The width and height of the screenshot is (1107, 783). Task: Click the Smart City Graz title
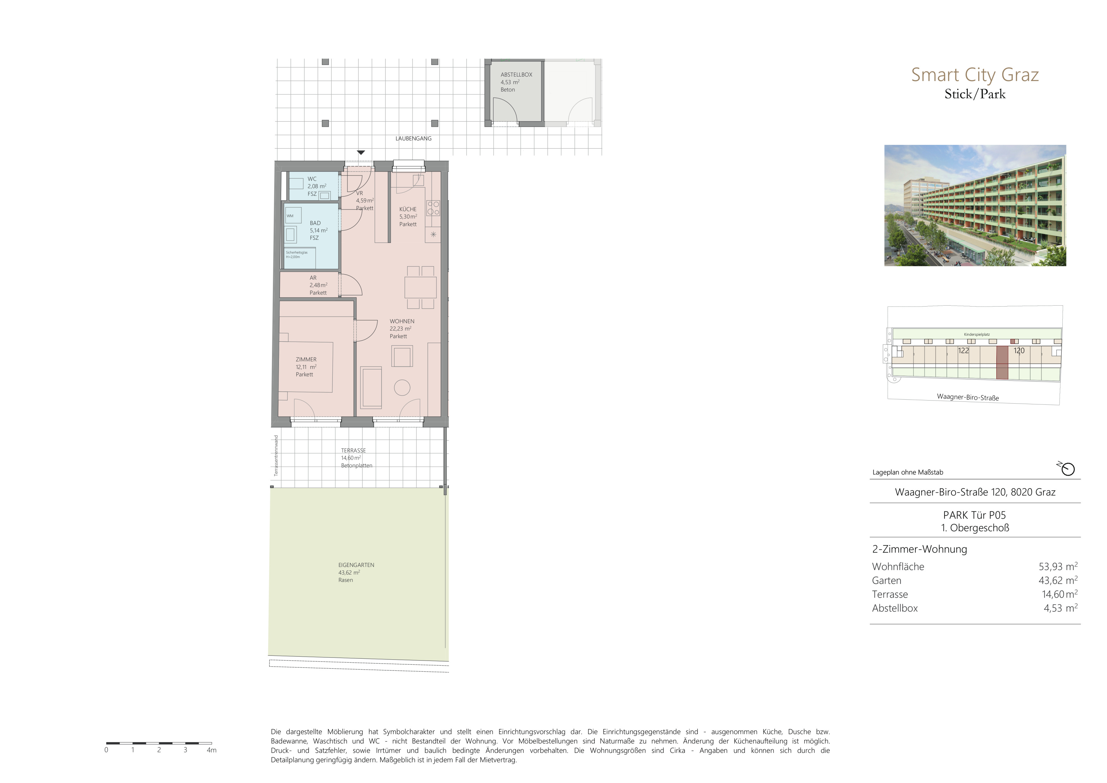click(974, 75)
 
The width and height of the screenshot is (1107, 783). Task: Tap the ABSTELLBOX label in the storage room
click(516, 75)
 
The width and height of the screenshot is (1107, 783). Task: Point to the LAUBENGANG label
click(413, 138)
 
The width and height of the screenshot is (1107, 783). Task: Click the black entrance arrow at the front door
click(361, 153)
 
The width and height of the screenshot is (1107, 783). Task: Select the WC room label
click(312, 179)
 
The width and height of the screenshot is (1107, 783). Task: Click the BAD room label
click(315, 223)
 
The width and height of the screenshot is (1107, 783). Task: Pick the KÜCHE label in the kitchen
click(407, 209)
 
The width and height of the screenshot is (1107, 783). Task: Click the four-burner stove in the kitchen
click(433, 208)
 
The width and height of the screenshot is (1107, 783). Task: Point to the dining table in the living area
click(420, 287)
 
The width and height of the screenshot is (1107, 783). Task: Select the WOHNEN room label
click(402, 321)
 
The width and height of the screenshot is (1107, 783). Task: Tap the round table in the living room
click(402, 388)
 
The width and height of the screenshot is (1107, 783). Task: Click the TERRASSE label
click(353, 450)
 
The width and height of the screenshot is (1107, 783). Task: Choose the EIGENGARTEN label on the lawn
click(356, 565)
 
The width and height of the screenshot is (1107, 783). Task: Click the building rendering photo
click(975, 205)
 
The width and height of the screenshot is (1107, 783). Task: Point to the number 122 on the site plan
click(963, 351)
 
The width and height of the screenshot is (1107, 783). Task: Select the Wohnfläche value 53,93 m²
click(1058, 567)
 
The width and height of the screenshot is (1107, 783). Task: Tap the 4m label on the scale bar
click(212, 750)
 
